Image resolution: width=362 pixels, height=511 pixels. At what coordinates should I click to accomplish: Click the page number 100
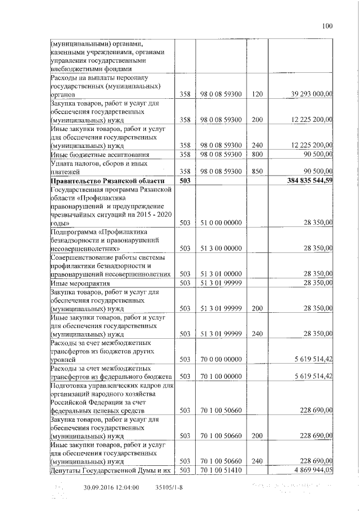(327, 25)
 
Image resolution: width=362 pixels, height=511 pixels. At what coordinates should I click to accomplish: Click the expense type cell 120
(257, 94)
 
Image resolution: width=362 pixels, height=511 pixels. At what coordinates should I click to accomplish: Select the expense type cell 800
(257, 154)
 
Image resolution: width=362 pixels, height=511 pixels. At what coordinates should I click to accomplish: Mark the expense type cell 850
(257, 171)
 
